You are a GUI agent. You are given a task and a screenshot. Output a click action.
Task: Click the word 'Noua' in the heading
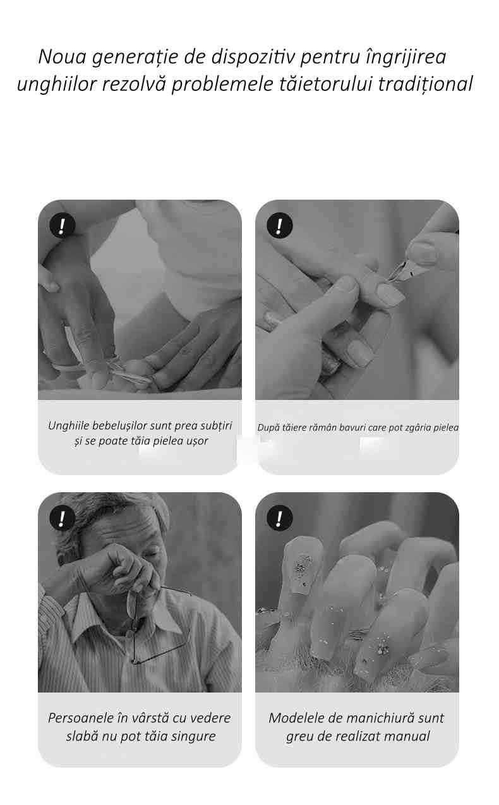[62, 57]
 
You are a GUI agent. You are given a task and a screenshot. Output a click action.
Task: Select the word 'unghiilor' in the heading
[57, 85]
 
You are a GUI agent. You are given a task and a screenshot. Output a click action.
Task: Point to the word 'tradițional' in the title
[426, 85]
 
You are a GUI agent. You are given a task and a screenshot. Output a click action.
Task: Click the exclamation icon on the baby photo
[62, 226]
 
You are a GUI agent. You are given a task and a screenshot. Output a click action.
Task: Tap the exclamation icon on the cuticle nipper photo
[279, 226]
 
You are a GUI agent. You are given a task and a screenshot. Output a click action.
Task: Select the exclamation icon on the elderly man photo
[62, 518]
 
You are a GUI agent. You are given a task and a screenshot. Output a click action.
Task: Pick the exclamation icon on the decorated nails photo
[279, 518]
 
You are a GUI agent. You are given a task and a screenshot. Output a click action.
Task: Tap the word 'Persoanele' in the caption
[82, 718]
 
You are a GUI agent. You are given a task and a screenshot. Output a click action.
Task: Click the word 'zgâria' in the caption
[418, 428]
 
